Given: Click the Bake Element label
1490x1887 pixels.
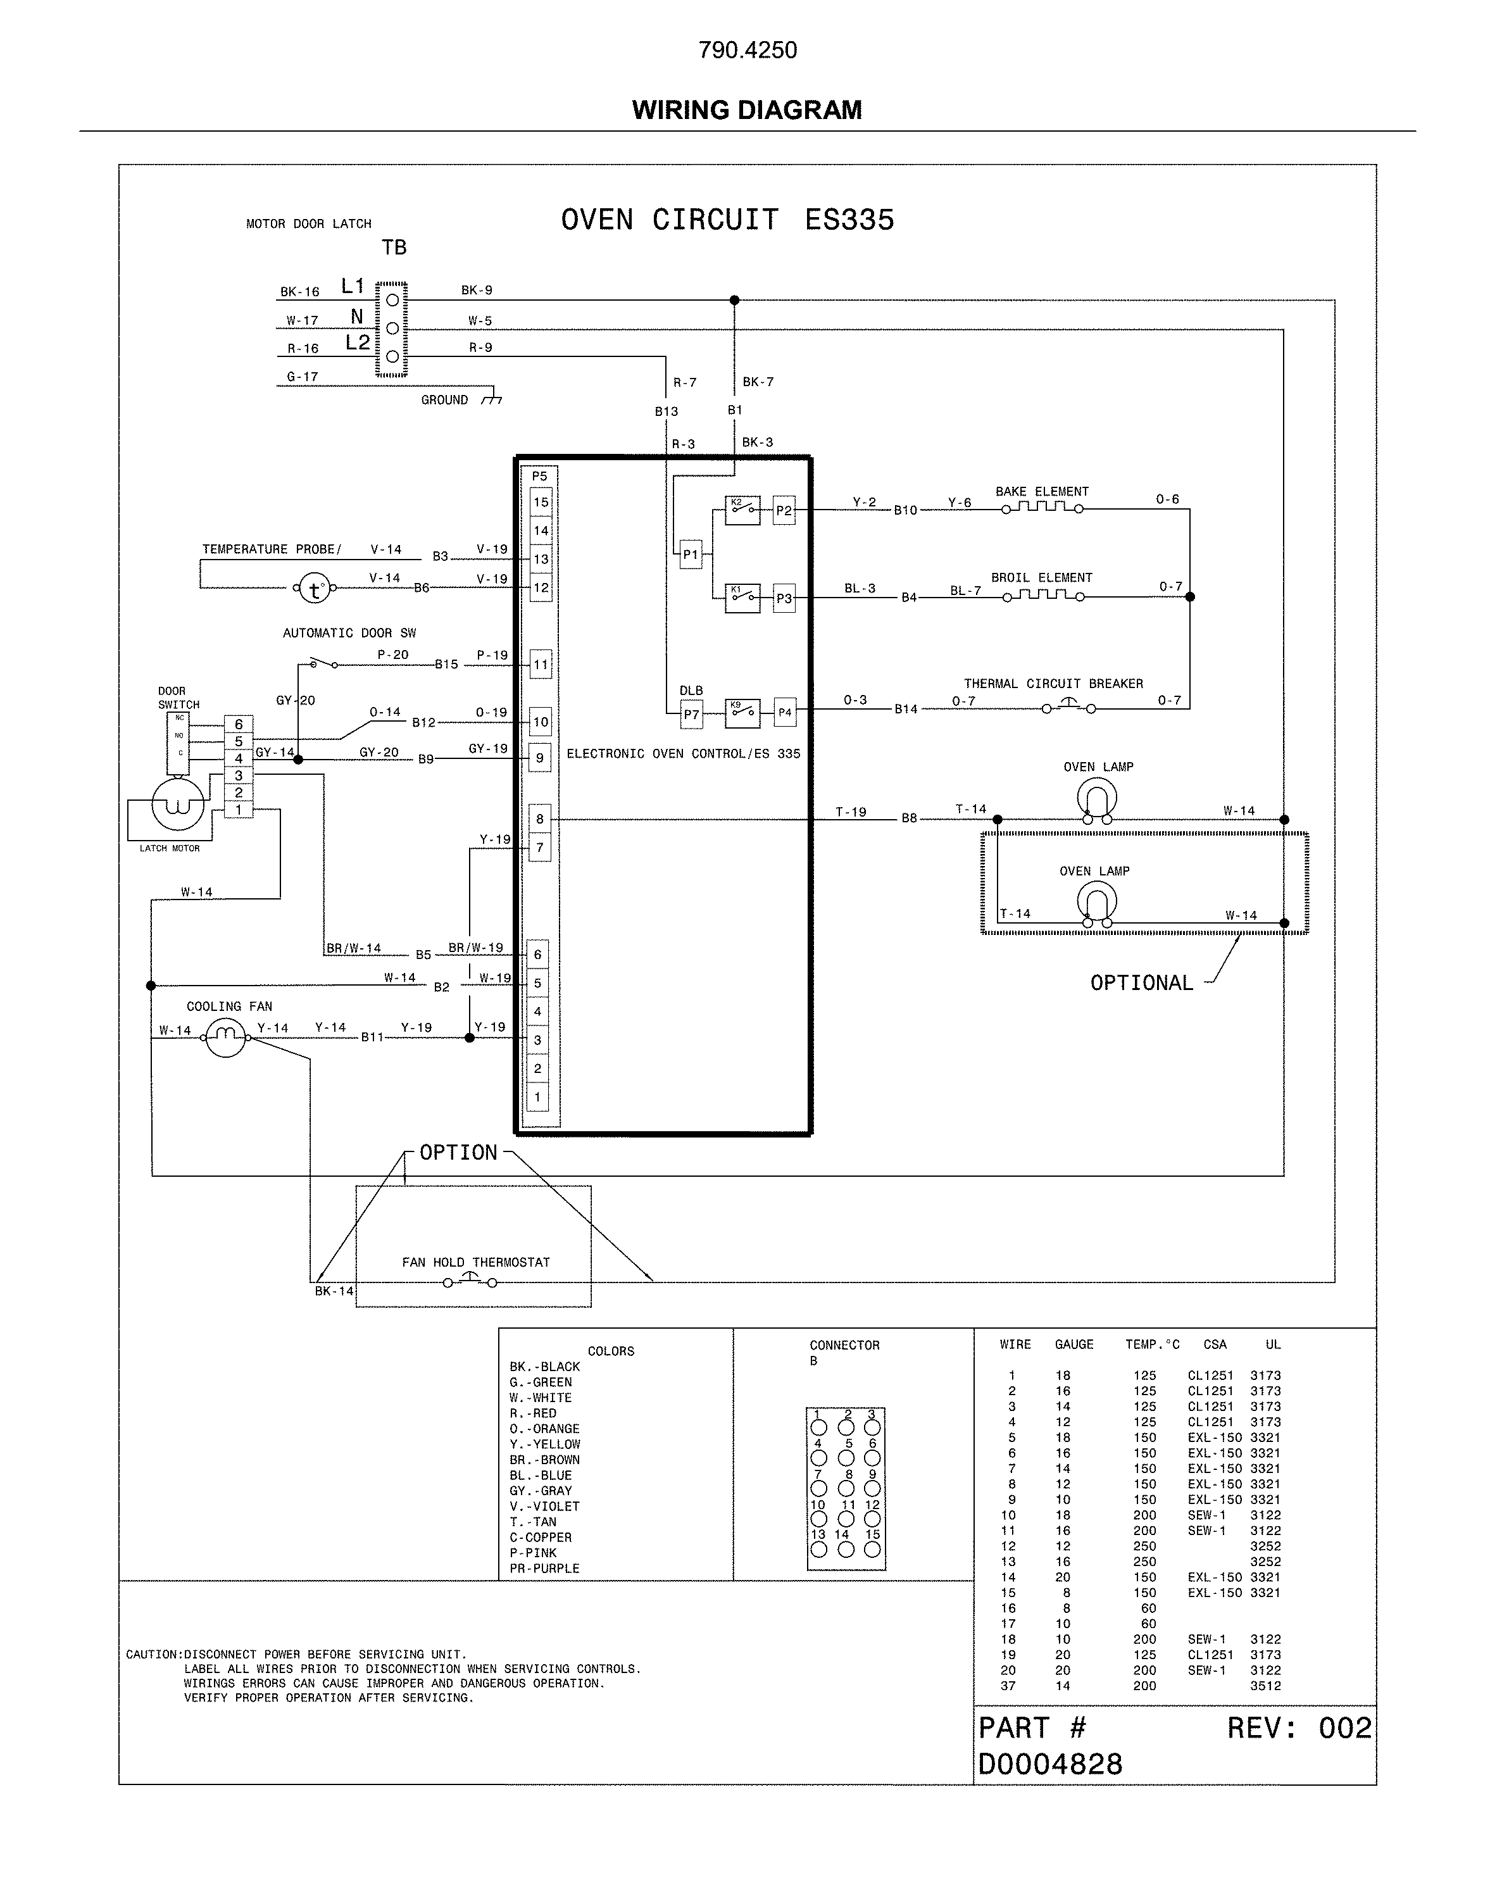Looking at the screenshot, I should (x=1042, y=492).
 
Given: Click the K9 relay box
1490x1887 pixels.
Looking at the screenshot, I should (x=742, y=712).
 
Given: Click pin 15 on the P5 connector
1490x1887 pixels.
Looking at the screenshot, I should (x=541, y=503).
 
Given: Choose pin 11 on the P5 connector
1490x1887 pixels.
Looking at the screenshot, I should (x=541, y=665).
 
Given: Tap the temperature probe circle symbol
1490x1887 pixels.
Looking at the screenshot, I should (x=314, y=590).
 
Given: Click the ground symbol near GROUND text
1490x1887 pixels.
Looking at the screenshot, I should (x=493, y=399).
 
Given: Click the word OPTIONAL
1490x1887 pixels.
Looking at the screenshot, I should (x=1141, y=983).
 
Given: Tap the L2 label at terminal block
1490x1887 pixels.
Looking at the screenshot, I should (x=357, y=343).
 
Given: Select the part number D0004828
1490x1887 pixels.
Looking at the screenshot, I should (x=1049, y=1764).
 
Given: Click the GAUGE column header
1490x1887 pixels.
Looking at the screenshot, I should (x=1074, y=1345).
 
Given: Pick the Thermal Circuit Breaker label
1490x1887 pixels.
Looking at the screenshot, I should (x=1053, y=684).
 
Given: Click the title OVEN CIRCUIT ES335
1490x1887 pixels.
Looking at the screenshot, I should (x=727, y=220).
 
